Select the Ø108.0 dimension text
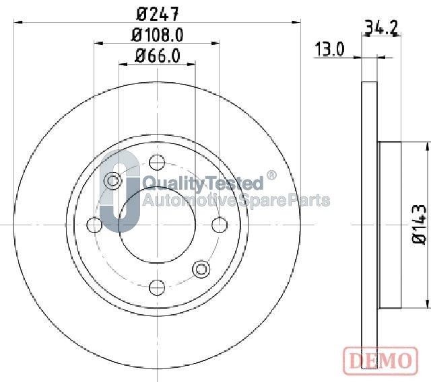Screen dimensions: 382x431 click(x=157, y=34)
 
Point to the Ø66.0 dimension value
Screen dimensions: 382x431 click(x=157, y=56)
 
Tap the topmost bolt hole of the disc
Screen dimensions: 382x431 click(x=157, y=161)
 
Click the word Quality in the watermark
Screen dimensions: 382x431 click(x=167, y=184)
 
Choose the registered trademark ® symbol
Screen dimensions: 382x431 click(x=271, y=176)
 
